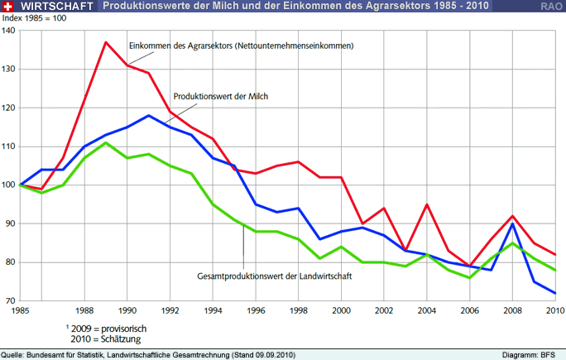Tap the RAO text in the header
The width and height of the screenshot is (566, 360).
552,6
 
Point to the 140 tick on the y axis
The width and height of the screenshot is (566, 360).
9,31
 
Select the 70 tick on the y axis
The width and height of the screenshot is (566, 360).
11,300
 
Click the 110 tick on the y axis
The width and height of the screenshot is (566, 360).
9,146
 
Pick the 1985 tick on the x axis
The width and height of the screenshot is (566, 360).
21,311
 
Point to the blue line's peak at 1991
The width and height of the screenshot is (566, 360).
148,116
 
